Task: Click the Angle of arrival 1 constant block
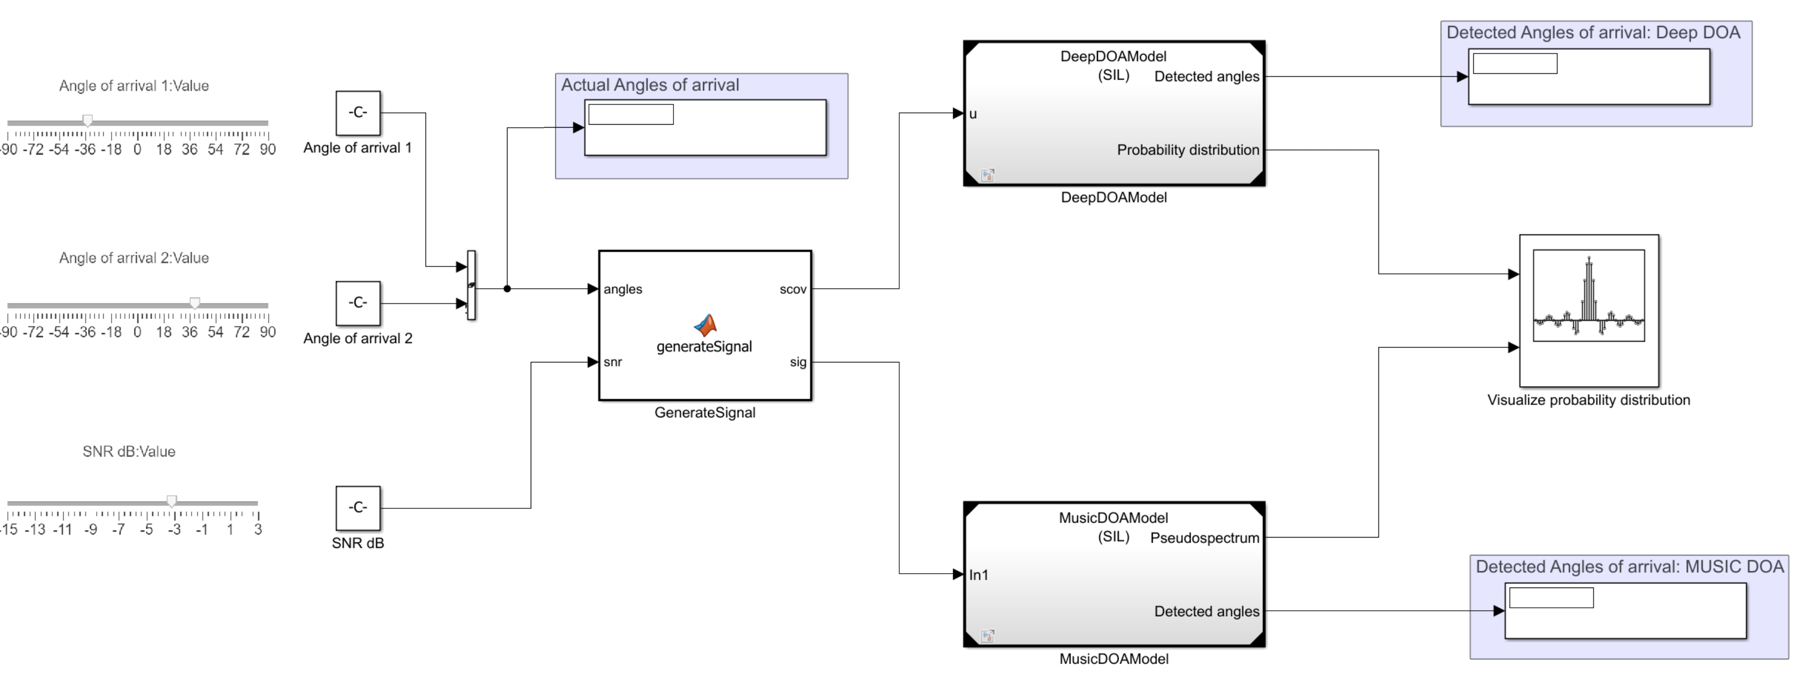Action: [358, 112]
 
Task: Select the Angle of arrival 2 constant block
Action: [358, 303]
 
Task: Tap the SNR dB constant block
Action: [358, 507]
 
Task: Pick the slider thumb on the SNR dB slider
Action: [171, 501]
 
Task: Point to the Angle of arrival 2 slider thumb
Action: [195, 303]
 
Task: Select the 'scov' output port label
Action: [793, 289]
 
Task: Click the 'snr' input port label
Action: [613, 362]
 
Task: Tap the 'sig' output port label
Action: [797, 362]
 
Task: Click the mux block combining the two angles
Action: [471, 285]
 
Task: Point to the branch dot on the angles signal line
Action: [507, 288]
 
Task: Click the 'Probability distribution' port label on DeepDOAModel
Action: [1187, 149]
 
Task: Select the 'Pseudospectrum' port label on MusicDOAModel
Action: [1204, 538]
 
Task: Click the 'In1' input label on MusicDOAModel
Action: [979, 574]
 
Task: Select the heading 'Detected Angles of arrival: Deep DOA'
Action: [1592, 33]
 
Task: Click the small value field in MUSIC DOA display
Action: [1551, 597]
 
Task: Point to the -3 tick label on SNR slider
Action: [174, 530]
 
